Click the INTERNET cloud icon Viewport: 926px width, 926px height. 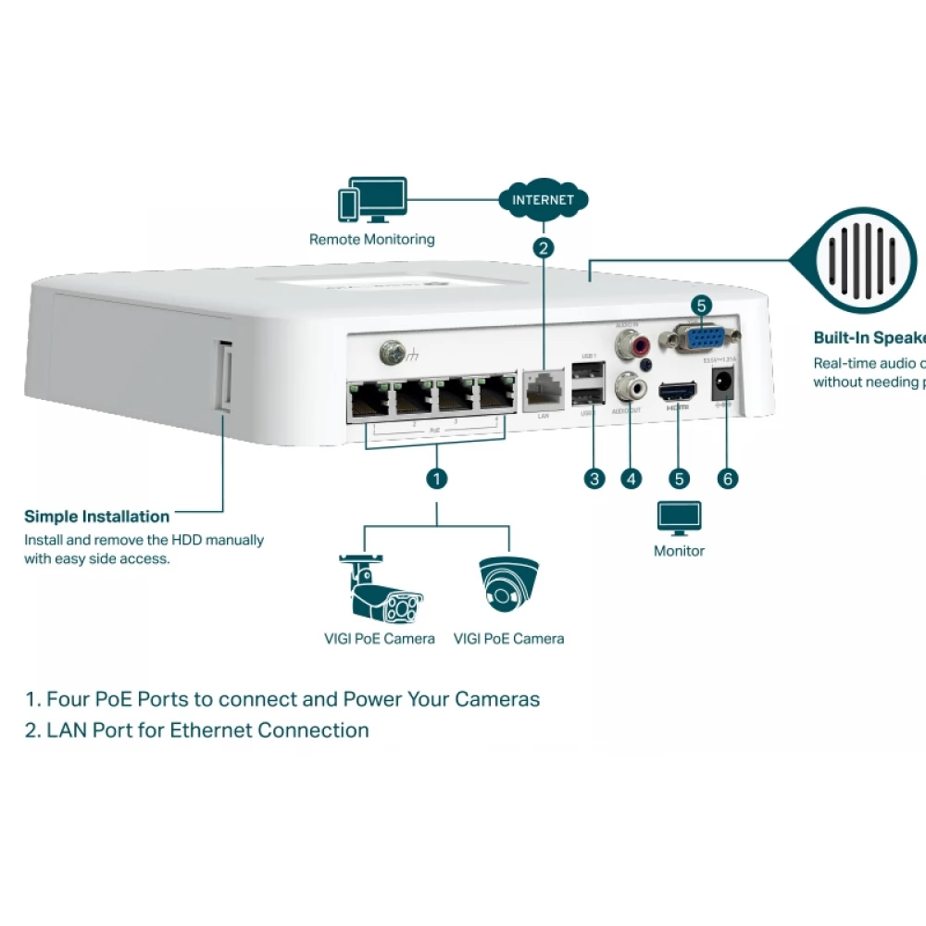click(x=543, y=199)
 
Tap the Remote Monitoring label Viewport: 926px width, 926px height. click(x=371, y=240)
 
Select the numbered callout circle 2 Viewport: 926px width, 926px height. click(x=544, y=247)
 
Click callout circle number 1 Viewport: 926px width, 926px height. click(x=436, y=479)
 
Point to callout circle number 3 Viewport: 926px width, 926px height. click(x=594, y=479)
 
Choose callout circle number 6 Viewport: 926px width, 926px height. click(x=728, y=479)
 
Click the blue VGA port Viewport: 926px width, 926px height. click(x=700, y=337)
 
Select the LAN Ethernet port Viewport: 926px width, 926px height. click(x=544, y=391)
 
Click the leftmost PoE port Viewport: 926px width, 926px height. click(x=369, y=399)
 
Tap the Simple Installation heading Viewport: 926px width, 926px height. click(x=96, y=517)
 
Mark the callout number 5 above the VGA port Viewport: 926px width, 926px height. click(x=701, y=305)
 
